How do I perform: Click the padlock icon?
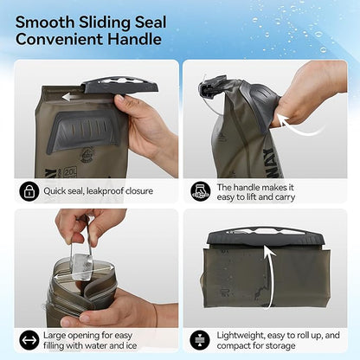click(29, 190)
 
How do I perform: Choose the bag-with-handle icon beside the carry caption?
click(201, 190)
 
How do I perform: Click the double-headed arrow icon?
click(29, 340)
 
